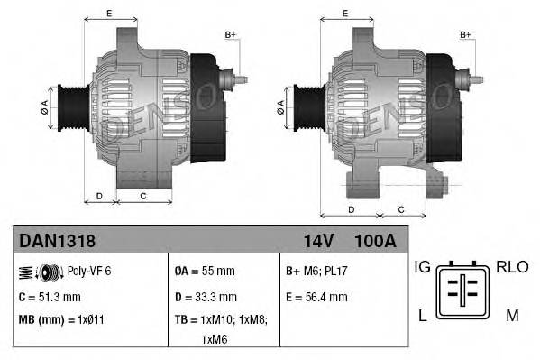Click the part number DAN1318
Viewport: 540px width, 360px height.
tap(57, 241)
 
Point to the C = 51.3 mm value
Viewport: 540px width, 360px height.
tap(51, 296)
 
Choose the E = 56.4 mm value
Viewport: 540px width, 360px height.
tap(316, 296)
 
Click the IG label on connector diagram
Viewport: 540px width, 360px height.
tap(422, 267)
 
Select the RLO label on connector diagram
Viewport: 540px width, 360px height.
tap(510, 267)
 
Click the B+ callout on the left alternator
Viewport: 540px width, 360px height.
tap(231, 34)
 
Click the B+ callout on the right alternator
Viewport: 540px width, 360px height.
tap(466, 34)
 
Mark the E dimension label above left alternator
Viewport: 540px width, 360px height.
tap(109, 13)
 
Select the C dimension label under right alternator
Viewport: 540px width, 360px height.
tap(399, 208)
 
